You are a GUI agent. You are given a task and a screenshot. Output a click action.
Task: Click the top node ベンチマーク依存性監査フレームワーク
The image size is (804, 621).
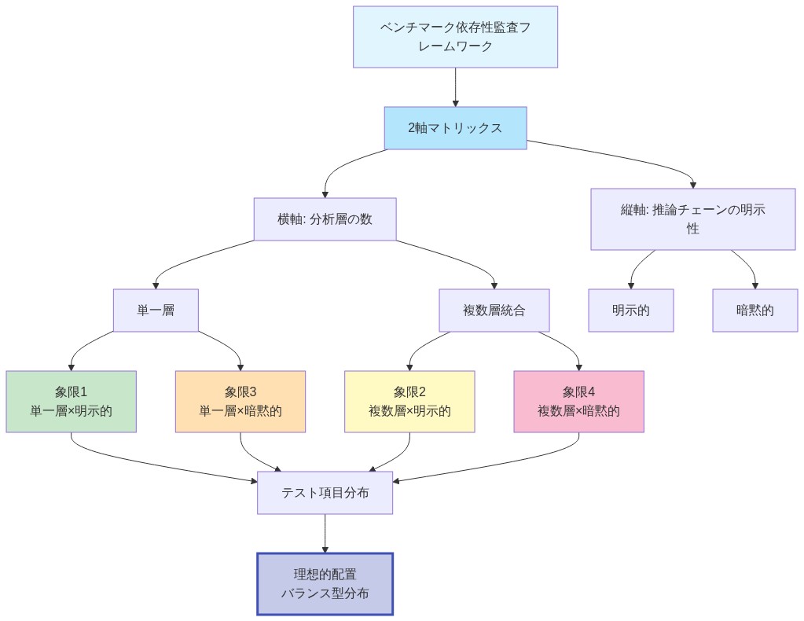point(455,37)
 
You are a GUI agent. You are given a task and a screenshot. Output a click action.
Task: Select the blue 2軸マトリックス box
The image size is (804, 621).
point(455,127)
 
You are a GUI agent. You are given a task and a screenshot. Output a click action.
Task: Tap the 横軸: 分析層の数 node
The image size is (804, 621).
point(325,219)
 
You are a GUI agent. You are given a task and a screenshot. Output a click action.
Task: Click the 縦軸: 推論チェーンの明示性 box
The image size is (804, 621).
point(692,219)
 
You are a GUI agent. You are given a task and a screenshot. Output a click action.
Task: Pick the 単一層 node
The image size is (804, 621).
point(156,310)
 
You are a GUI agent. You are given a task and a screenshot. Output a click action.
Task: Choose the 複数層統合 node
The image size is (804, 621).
point(494,310)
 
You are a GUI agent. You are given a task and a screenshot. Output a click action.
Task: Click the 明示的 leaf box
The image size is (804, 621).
point(631,310)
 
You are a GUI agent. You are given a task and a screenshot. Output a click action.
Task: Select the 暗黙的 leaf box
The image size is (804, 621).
point(755,310)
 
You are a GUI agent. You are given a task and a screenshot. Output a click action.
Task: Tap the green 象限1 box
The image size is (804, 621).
point(71,401)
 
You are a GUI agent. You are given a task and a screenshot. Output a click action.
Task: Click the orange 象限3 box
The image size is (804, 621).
point(240,401)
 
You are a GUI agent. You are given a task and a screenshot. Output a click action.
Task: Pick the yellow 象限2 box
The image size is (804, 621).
point(409,401)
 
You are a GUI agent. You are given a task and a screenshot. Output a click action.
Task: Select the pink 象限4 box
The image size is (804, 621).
point(578,401)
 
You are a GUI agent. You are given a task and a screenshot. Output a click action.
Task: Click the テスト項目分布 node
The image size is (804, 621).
point(325,492)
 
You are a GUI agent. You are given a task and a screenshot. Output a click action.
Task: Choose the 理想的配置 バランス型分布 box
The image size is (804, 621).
point(325,583)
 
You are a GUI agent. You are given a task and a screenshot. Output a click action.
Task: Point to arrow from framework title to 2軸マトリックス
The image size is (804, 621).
point(455,86)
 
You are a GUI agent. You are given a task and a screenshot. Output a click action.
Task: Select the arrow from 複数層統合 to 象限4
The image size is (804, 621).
point(562,344)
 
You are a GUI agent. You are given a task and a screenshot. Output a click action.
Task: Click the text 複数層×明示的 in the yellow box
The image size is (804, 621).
point(409,410)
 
